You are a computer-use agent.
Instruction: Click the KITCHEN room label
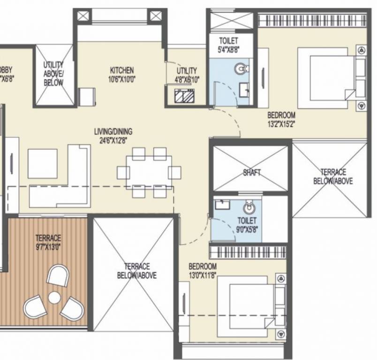click(x=122, y=70)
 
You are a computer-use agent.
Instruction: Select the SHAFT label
click(x=252, y=172)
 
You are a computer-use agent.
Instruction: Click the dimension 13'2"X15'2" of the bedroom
click(x=281, y=124)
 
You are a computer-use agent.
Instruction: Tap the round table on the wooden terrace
click(x=55, y=297)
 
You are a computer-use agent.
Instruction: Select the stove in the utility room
click(x=183, y=97)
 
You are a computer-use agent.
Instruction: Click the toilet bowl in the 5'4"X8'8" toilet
click(x=241, y=69)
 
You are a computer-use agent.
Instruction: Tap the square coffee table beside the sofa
click(x=43, y=164)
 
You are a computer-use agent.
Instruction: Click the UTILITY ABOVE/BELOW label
click(x=53, y=74)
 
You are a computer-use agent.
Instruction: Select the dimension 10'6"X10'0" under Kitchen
click(x=122, y=79)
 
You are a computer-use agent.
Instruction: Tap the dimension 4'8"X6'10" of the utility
click(x=186, y=79)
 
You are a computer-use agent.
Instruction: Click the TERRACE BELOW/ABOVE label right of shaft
click(x=333, y=177)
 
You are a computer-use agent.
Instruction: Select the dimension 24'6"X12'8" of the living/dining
click(x=113, y=139)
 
